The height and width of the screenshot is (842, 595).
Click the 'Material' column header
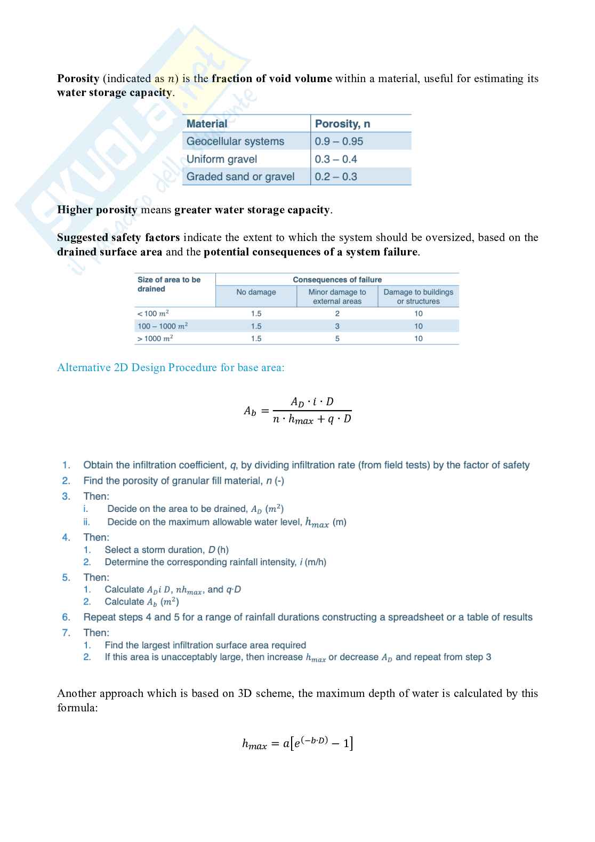point(207,124)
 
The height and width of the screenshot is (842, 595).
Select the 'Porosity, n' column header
point(342,124)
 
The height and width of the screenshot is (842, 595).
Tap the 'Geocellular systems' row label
point(235,141)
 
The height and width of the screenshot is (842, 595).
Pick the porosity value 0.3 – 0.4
point(336,159)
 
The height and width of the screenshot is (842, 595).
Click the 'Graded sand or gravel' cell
point(240,177)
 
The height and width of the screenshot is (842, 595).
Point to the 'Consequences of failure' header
point(337,279)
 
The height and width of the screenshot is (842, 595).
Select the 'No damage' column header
point(256,292)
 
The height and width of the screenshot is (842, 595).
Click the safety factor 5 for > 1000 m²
point(337,339)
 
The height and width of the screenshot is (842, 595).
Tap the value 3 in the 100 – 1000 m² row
point(337,326)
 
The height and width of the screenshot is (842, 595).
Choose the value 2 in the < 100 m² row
point(337,314)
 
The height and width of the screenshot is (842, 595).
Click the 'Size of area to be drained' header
point(168,284)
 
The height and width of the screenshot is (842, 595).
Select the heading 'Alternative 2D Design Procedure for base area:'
point(171,367)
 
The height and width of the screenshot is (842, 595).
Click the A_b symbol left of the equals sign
point(250,411)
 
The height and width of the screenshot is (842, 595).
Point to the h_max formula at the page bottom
point(297,743)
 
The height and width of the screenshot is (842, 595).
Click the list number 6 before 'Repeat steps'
point(66,617)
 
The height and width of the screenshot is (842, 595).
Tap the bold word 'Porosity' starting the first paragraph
point(78,78)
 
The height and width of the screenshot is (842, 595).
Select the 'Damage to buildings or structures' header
point(418,296)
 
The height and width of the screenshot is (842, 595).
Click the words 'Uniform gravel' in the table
point(222,159)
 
